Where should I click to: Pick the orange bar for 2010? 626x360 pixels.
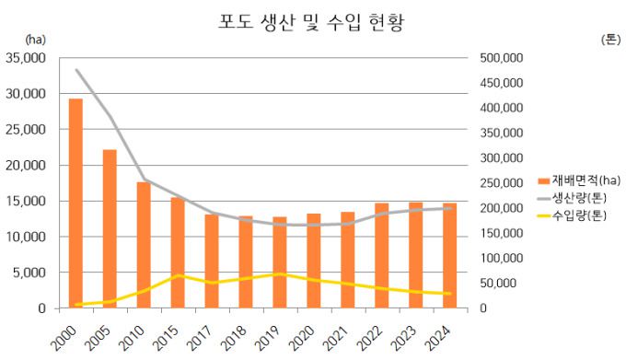point(144,245)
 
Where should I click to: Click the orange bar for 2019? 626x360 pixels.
point(280,262)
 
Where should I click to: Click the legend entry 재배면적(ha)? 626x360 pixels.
point(578,180)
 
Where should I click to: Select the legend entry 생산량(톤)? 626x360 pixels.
point(578,198)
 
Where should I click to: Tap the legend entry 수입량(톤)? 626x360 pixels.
point(578,215)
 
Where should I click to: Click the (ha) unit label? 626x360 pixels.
point(35,40)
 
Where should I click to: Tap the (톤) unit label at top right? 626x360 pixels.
point(610,40)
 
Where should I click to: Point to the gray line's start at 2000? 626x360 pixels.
point(76,70)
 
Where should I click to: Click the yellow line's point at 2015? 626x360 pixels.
point(178,275)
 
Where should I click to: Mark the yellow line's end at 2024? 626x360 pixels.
point(449,294)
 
